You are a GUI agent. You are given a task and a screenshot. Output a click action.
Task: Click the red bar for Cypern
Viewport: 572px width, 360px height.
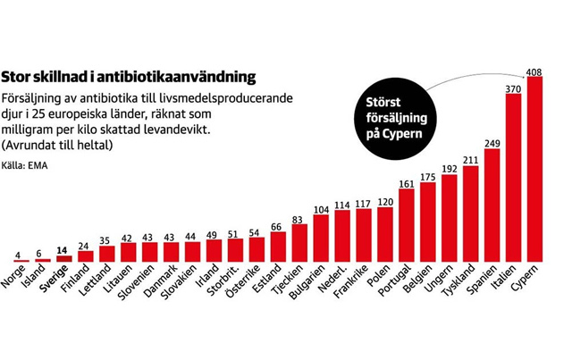(x=535, y=169)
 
